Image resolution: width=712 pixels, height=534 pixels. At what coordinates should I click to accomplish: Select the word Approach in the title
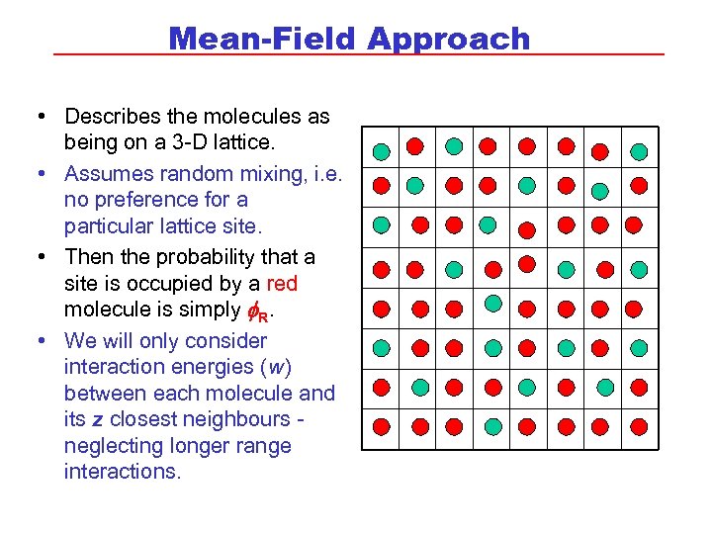[449, 40]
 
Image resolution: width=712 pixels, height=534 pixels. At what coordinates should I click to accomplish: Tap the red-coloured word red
[281, 284]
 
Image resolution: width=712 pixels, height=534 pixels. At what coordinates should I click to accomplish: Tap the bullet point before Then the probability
[42, 257]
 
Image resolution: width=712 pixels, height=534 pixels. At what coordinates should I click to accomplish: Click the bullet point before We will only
[42, 341]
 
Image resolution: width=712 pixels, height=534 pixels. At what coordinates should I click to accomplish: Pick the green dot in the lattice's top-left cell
[382, 151]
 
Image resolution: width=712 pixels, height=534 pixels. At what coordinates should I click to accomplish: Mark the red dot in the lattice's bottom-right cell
[639, 427]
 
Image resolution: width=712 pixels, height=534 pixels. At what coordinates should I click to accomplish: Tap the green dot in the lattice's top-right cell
[639, 151]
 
